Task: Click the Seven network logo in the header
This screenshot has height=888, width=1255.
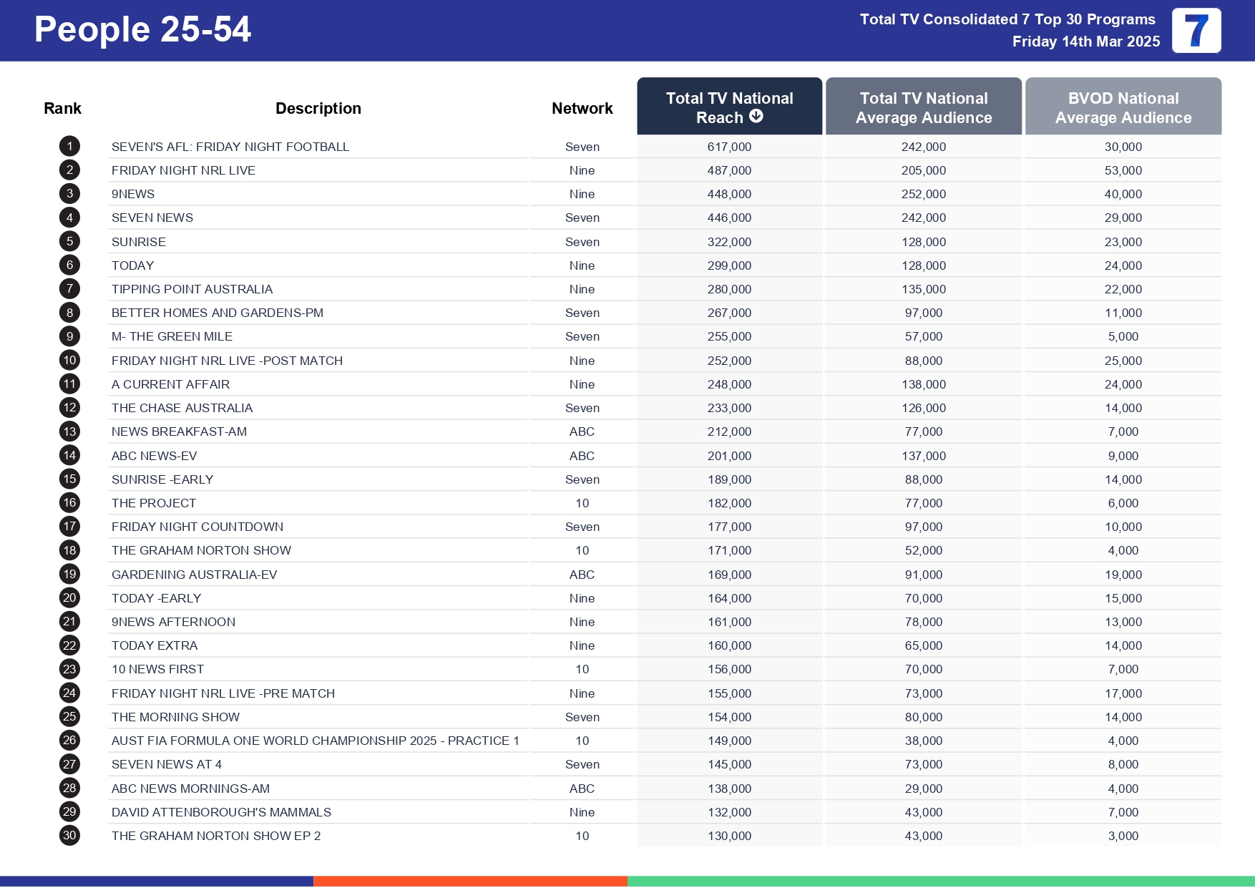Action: point(1196,31)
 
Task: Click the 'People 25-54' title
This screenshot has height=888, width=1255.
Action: point(142,30)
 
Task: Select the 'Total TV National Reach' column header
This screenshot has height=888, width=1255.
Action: point(729,107)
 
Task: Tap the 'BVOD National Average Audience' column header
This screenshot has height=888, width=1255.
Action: point(1123,107)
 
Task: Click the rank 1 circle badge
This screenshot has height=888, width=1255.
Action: point(69,147)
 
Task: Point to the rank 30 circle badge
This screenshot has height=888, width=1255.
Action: point(69,835)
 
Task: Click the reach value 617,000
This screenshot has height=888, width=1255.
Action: point(729,147)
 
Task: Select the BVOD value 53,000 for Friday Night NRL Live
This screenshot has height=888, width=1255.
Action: point(1123,170)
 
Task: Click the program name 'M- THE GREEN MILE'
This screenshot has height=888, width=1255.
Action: point(172,336)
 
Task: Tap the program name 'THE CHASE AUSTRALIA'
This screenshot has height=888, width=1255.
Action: point(182,408)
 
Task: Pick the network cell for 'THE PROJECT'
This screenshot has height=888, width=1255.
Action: point(582,503)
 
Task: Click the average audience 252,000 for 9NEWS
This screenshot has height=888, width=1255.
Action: point(923,194)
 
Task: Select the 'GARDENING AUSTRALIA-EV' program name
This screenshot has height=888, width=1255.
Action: point(194,575)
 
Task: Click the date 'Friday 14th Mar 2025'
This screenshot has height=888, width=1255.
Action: point(1085,42)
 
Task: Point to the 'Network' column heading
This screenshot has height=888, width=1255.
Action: point(582,108)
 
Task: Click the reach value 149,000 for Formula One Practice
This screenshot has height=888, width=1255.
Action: point(729,741)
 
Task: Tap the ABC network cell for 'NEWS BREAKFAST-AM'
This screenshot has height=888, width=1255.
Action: point(582,431)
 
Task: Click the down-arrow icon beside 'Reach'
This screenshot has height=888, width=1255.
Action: point(756,116)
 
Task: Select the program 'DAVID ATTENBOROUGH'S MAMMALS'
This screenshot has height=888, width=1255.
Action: point(221,812)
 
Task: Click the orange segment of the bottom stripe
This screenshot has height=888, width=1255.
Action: point(470,881)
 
